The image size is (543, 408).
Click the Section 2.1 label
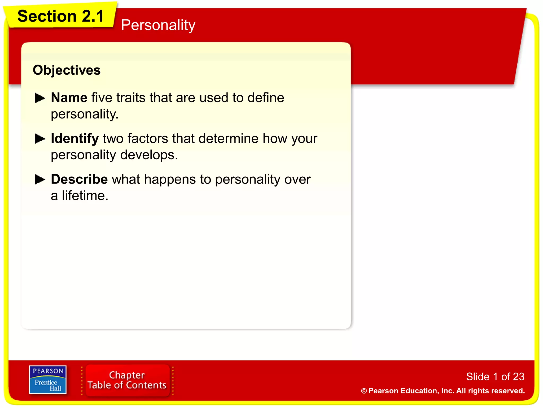pos(60,16)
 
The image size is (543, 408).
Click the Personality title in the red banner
pos(158,25)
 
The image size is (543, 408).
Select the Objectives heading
pos(67,70)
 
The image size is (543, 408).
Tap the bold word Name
pos(69,98)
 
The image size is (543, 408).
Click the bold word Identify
pos(75,139)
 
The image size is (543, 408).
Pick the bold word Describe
pos(79,179)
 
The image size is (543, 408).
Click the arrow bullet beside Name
pos(40,98)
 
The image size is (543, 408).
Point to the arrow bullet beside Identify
pos(40,139)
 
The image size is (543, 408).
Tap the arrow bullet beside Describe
pos(40,179)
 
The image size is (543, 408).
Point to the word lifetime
pos(85,196)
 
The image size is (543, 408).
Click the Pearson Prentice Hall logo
pos(48,380)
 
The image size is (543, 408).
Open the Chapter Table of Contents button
pos(127,380)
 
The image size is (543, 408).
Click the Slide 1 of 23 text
pos(495,377)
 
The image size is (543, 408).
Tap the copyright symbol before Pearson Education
pos(364,391)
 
